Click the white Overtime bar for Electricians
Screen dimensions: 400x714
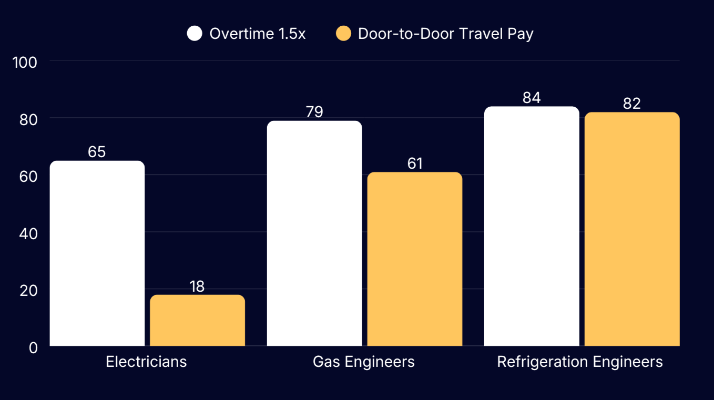click(x=97, y=253)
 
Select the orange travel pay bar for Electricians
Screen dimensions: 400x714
click(x=198, y=320)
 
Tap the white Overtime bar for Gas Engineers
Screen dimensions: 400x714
click(x=314, y=233)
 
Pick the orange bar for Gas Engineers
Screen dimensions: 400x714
click(x=415, y=259)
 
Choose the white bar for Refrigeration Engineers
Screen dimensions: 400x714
click(x=532, y=226)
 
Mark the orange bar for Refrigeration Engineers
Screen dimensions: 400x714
click(x=632, y=229)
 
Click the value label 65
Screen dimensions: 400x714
click(x=97, y=152)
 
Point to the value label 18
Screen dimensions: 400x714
click(x=197, y=286)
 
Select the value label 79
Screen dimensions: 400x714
click(x=314, y=112)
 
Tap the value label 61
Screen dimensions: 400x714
click(x=415, y=163)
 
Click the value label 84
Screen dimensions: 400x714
click(x=532, y=98)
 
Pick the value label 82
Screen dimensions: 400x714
click(x=632, y=104)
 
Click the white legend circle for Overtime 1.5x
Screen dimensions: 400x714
click(x=195, y=34)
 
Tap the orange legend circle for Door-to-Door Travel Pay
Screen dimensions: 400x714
click(x=343, y=34)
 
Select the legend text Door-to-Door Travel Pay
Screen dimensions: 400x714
click(x=445, y=34)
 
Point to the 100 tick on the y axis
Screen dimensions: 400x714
click(x=25, y=62)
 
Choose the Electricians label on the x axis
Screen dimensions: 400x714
click(x=146, y=362)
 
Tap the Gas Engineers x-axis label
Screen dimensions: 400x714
click(x=364, y=362)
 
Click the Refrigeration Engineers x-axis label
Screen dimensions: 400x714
click(x=580, y=362)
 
